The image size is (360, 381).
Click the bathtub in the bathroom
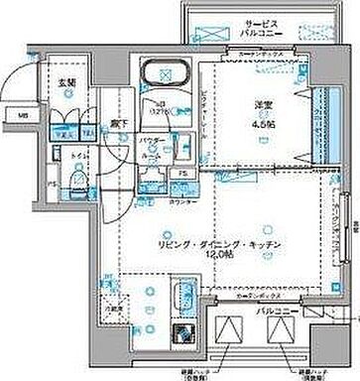point(163,76)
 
